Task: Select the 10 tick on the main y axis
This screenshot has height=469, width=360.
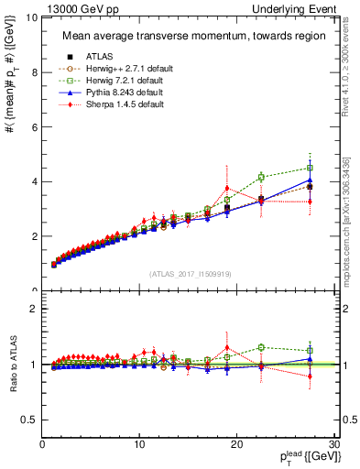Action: [32, 17]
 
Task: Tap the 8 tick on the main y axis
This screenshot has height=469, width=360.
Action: [35, 72]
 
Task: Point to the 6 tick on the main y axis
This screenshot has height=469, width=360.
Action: [35, 127]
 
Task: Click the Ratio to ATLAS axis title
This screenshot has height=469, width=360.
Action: [12, 365]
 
